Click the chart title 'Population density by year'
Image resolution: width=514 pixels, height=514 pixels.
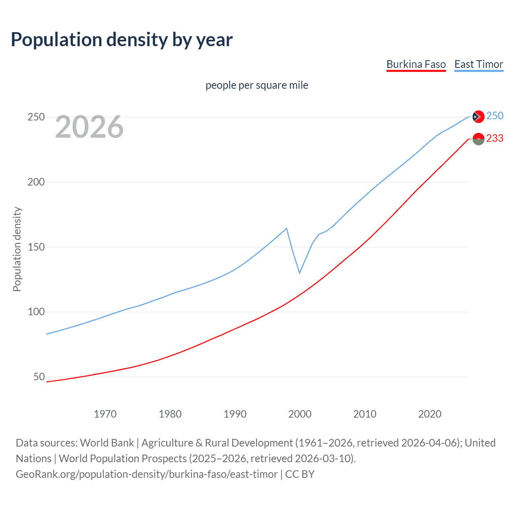click(x=122, y=40)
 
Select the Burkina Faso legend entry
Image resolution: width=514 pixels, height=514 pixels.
click(x=416, y=64)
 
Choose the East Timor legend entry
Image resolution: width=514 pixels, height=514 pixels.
click(x=479, y=64)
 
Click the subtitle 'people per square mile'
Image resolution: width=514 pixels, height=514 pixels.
click(x=257, y=85)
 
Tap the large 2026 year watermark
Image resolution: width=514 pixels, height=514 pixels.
click(x=89, y=127)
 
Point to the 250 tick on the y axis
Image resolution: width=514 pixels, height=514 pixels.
click(x=36, y=117)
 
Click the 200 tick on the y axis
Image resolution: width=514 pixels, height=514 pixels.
click(x=36, y=182)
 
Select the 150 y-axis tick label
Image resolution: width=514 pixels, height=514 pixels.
click(x=36, y=247)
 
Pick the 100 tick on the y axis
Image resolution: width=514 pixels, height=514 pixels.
click(x=36, y=312)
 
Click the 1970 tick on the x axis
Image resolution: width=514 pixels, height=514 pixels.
click(x=105, y=414)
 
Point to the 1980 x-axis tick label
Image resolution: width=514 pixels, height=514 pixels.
click(x=170, y=414)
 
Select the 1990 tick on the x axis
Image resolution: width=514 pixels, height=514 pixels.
click(x=235, y=414)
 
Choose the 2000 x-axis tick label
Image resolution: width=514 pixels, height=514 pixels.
click(x=300, y=414)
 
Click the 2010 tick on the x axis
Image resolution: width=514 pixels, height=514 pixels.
click(x=365, y=414)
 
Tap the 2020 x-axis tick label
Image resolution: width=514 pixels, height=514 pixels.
click(x=430, y=414)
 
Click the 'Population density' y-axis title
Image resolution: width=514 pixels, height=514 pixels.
click(x=17, y=249)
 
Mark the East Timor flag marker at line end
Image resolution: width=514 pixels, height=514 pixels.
click(x=478, y=116)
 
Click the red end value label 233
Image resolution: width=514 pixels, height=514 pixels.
click(x=495, y=139)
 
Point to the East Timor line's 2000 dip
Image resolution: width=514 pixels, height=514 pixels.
click(x=300, y=273)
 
